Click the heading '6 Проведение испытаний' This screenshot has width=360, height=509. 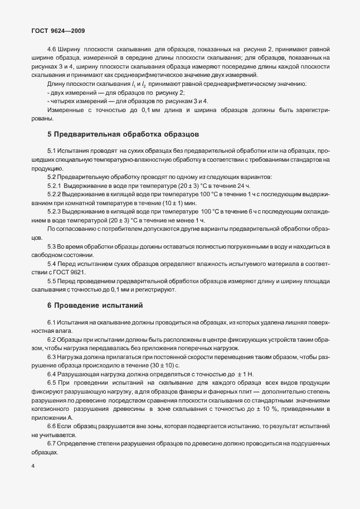87,306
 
